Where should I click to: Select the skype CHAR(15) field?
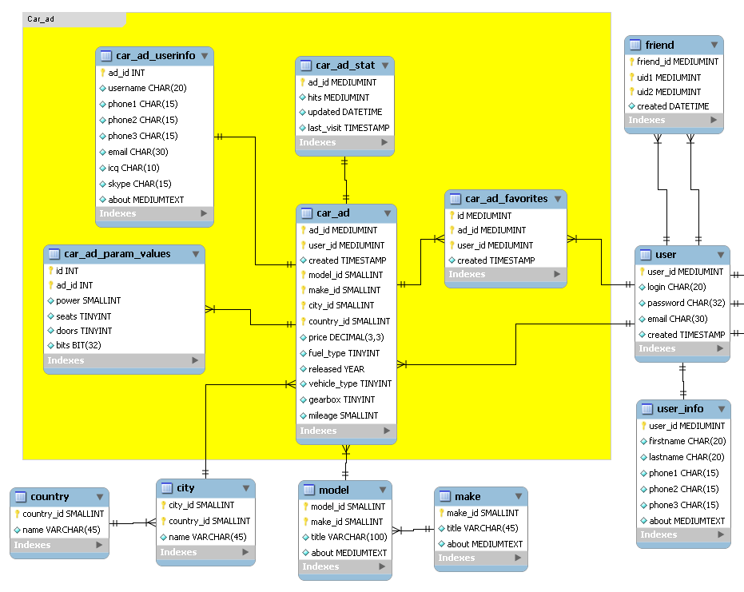[x=140, y=184]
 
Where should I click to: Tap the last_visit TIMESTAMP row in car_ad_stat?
[x=348, y=128]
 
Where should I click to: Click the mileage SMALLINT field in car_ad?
[x=343, y=415]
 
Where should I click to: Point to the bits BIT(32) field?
[x=78, y=345]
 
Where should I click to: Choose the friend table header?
[x=659, y=45]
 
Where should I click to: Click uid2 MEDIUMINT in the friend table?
[x=669, y=92]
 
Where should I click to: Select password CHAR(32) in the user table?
[x=686, y=303]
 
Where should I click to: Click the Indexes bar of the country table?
[x=58, y=545]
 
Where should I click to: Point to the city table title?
[x=185, y=487]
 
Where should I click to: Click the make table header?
[x=467, y=496]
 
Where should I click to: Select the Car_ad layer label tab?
[x=73, y=18]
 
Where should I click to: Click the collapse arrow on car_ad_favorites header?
[x=557, y=199]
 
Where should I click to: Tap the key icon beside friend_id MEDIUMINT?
[x=631, y=62]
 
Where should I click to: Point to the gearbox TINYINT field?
[x=341, y=399]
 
